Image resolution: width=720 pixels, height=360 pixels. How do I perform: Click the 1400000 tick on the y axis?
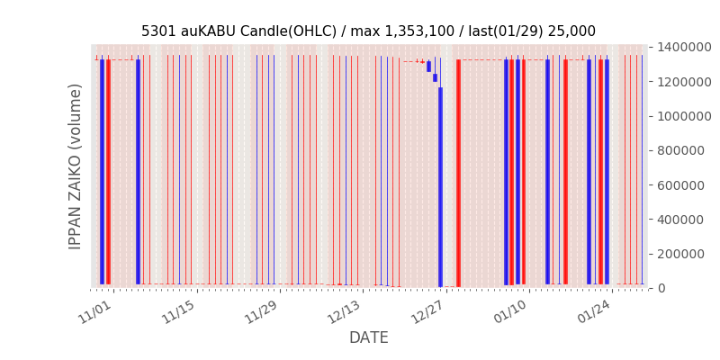point(685,47)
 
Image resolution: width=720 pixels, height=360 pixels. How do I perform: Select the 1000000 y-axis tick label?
point(685,116)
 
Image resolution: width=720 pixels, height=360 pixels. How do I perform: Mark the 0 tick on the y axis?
point(661,288)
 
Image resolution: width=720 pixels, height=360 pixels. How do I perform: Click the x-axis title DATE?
point(368,338)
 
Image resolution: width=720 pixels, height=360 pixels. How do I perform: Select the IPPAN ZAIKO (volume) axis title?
point(76,166)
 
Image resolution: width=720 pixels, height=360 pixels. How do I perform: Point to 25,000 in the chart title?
point(571,31)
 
